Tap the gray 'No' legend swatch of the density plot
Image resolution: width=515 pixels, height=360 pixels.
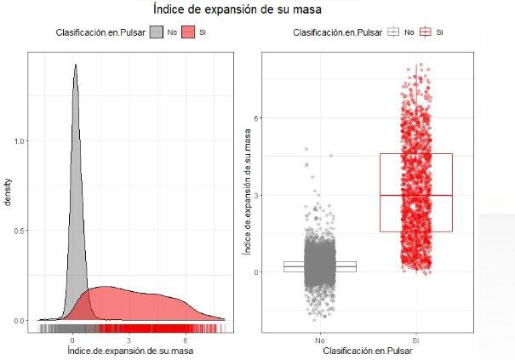pos(157,32)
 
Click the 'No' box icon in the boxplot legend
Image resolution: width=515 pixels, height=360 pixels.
pos(393,32)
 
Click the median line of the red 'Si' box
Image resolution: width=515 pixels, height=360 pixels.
pos(415,195)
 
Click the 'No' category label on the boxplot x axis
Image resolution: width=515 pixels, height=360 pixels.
pos(319,340)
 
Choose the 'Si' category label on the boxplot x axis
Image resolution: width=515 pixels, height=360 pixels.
pos(415,340)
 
